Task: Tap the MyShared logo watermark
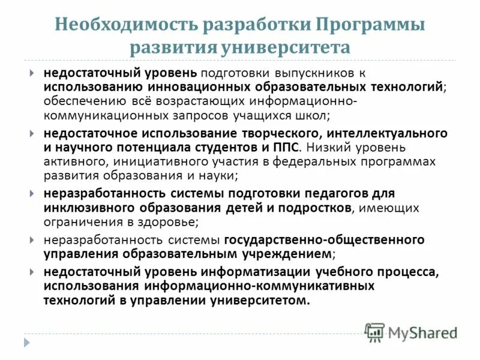(412, 331)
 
